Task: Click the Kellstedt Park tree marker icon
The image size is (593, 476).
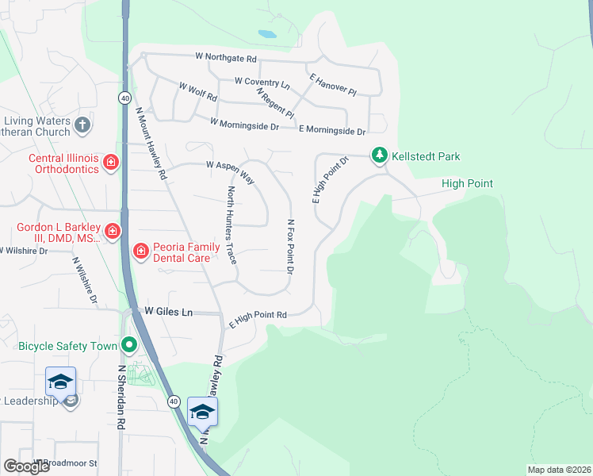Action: pyautogui.click(x=380, y=155)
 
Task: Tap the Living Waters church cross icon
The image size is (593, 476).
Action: pyautogui.click(x=82, y=125)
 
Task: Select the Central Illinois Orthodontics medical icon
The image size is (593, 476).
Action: pyautogui.click(x=111, y=163)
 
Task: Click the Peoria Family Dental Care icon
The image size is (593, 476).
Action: pyautogui.click(x=141, y=251)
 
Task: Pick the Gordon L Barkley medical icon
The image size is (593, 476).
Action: pyautogui.click(x=113, y=232)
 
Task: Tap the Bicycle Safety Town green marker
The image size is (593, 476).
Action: pyautogui.click(x=128, y=346)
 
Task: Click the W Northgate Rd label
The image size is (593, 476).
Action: pyautogui.click(x=227, y=58)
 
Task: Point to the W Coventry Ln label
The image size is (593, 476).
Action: pyautogui.click(x=262, y=82)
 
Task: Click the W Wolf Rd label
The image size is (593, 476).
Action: pyautogui.click(x=198, y=91)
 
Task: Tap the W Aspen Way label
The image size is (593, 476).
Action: pyautogui.click(x=230, y=171)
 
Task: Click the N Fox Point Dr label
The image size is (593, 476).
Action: pyautogui.click(x=291, y=248)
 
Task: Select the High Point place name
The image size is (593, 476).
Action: pyautogui.click(x=467, y=184)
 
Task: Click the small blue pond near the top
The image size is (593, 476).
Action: pyautogui.click(x=266, y=34)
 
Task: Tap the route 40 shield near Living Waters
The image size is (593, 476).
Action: pyautogui.click(x=125, y=98)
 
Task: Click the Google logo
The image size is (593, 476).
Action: pyautogui.click(x=26, y=466)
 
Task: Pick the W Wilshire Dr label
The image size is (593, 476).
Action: pyautogui.click(x=24, y=251)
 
